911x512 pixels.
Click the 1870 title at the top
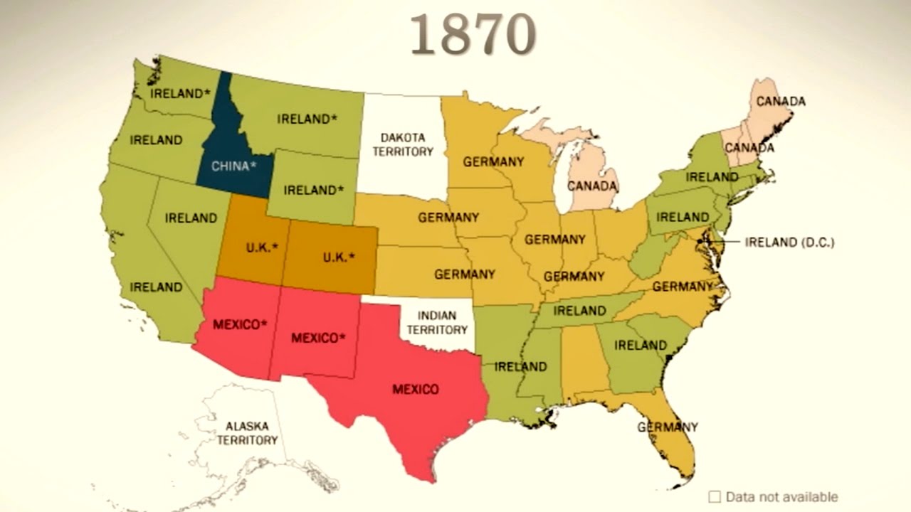[473, 34]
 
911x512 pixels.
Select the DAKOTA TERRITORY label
[402, 144]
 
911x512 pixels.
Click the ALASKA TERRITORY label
[247, 433]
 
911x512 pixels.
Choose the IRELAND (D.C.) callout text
[789, 242]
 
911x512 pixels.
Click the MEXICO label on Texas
[416, 389]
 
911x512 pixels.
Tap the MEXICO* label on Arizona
[240, 324]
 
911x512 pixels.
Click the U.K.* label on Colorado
[339, 257]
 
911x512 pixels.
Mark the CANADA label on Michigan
[592, 186]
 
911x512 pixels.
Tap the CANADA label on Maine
[780, 102]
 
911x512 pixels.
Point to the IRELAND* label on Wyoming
[313, 190]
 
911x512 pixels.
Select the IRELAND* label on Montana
[307, 119]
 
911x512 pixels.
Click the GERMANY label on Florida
[668, 427]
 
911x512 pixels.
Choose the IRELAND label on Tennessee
[579, 311]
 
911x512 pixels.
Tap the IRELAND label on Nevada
[191, 218]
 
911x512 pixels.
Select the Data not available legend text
[782, 497]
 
